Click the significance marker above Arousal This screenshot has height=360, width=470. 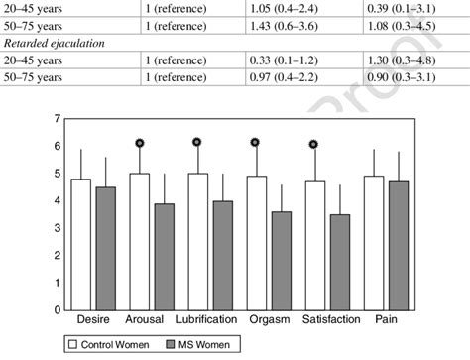tap(139, 143)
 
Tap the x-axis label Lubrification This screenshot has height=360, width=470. tap(206, 321)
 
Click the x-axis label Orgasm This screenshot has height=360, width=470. tap(269, 321)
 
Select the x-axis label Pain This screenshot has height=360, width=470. tap(385, 321)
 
